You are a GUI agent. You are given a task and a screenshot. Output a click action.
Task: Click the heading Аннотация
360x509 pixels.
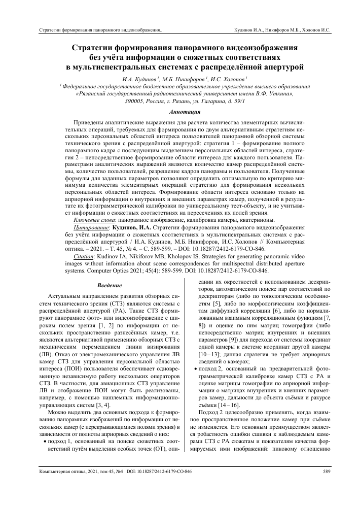(179, 111)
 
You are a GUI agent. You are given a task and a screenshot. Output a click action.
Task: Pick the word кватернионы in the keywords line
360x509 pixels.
(254, 220)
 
